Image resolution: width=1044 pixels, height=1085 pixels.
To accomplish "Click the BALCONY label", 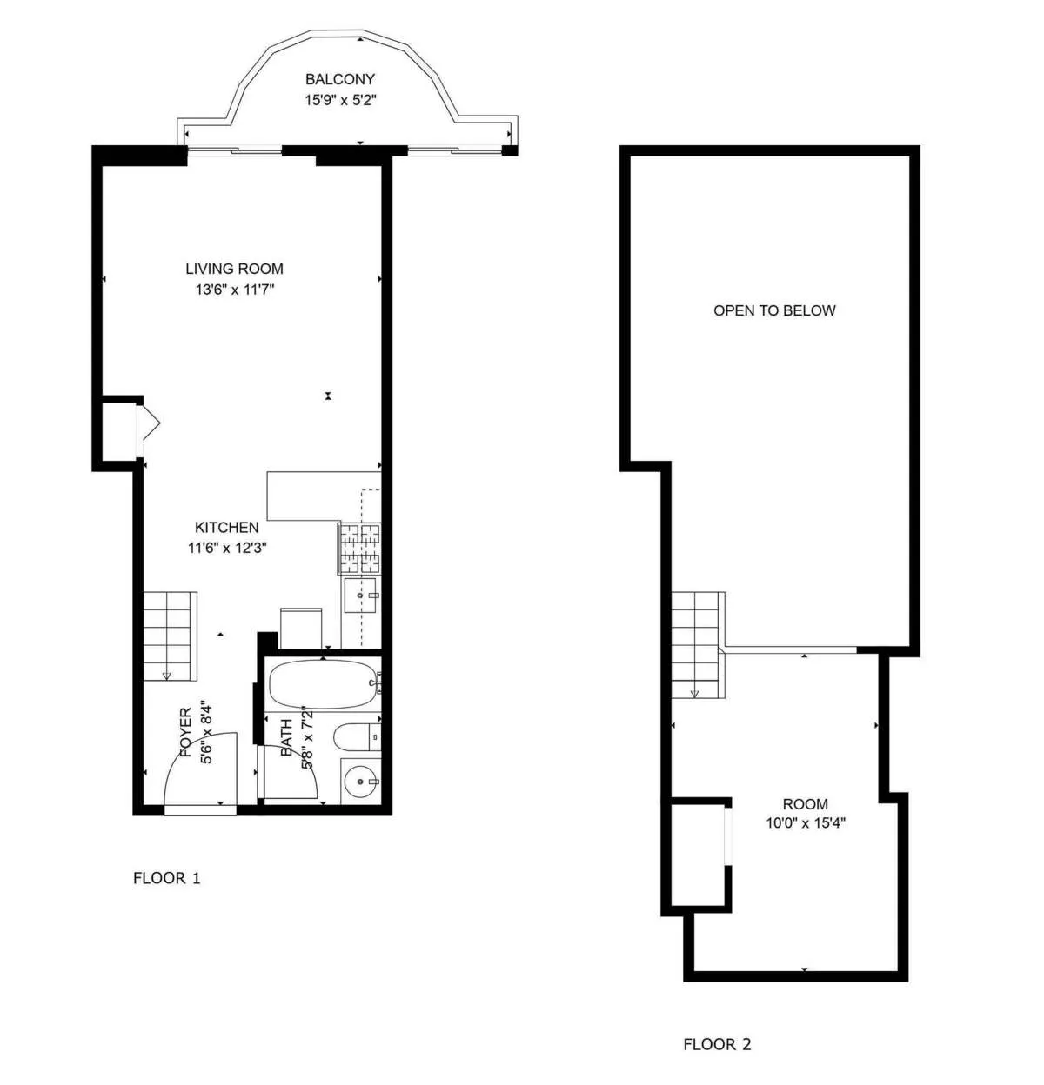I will [x=339, y=79].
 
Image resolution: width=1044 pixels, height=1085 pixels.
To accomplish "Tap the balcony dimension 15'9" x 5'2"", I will [x=339, y=100].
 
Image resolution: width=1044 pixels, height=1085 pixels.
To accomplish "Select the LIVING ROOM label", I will [x=234, y=269].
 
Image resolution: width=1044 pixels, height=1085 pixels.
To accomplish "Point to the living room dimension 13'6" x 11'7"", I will [x=234, y=290].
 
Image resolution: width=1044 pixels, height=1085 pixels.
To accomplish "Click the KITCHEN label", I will [x=226, y=527].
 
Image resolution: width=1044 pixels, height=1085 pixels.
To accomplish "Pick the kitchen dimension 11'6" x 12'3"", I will [x=226, y=548].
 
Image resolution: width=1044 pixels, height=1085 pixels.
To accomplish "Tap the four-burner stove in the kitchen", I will [x=359, y=549].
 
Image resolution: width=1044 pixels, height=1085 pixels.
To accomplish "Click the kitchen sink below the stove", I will [x=360, y=595].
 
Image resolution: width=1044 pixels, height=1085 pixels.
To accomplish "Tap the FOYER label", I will [x=186, y=733].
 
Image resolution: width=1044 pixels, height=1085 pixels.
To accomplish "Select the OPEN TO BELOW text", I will [x=774, y=310].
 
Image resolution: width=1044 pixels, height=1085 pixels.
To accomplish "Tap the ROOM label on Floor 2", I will [x=805, y=804].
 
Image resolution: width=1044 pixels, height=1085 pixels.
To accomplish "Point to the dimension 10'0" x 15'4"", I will [x=805, y=823].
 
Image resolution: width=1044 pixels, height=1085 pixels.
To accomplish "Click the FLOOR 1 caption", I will [x=166, y=878].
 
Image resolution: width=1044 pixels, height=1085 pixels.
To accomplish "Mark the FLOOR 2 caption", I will [x=717, y=1044].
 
